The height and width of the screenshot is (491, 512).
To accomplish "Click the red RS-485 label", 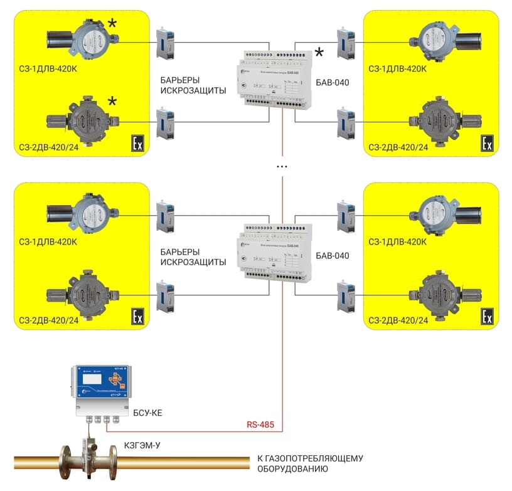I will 260,425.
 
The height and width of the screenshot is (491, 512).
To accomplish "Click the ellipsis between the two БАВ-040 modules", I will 282,167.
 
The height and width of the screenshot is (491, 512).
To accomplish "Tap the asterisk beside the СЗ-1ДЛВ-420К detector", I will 112,24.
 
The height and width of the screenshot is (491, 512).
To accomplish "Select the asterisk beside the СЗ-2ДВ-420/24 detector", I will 112,102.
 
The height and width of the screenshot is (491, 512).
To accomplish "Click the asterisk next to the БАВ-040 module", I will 320,53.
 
